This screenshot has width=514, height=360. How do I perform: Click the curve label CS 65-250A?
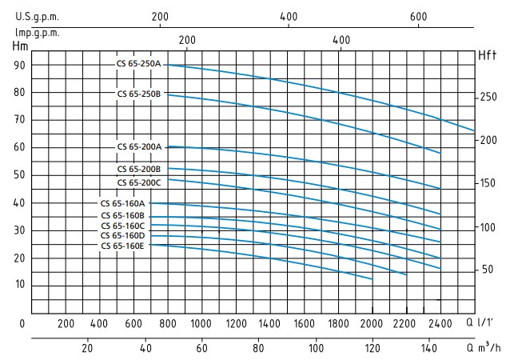point(139,63)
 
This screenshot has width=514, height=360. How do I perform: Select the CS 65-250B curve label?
point(139,94)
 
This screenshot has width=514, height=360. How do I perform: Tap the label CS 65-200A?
point(139,146)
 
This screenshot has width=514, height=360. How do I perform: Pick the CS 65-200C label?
point(139,182)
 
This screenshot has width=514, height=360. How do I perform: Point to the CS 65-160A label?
point(122,204)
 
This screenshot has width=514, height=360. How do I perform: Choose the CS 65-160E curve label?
point(122,246)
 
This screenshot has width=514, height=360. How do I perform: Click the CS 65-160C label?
point(122,226)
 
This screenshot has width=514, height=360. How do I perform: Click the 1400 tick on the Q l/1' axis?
point(270,323)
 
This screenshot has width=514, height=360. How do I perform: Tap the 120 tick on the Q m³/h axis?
point(373,348)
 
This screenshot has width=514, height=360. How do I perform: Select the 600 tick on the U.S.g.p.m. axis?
point(417,17)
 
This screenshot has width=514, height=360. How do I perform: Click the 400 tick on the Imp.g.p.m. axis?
point(341,41)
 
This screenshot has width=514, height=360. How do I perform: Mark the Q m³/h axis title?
point(484,348)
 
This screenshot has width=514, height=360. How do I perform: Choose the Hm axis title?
point(21,46)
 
